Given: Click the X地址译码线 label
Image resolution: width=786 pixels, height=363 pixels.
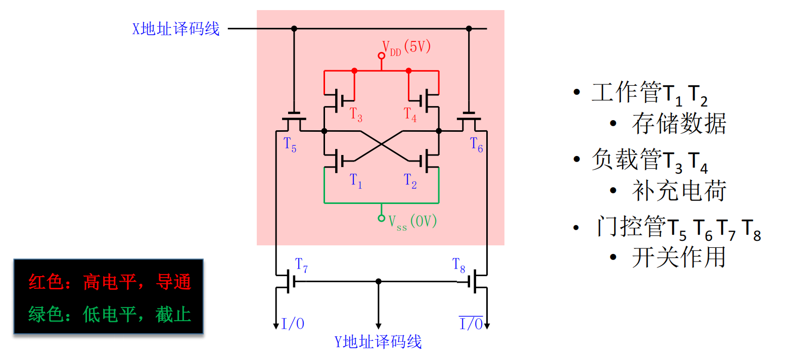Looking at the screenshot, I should tap(176, 29).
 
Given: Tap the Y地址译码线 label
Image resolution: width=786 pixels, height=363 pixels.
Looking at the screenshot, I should tap(378, 342).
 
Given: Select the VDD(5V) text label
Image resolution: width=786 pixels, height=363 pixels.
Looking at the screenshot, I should tap(406, 47).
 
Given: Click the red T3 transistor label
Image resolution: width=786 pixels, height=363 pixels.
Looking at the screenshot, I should tap(356, 115).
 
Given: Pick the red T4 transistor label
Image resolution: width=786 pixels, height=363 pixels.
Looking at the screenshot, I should tap(410, 115).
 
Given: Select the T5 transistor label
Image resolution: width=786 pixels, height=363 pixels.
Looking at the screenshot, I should tap(290, 145).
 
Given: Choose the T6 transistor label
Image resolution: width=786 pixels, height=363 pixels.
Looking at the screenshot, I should tap(477, 145).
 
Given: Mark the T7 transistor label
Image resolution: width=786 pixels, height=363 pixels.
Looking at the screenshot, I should tap(301, 265).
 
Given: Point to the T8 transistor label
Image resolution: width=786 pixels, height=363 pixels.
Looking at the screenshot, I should tap(459, 265).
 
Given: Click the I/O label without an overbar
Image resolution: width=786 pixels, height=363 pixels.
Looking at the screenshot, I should tap(293, 324).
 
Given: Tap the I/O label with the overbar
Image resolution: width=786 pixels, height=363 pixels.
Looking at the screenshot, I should tap(471, 324).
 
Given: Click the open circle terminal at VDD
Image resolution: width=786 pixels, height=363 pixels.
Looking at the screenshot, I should tap(382, 55).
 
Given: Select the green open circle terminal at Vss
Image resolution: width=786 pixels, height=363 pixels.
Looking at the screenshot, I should tap(382, 218).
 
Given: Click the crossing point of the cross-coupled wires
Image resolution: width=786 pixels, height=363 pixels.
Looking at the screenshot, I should tap(382, 146).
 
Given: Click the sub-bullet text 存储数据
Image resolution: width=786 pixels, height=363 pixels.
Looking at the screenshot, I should tap(679, 124).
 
